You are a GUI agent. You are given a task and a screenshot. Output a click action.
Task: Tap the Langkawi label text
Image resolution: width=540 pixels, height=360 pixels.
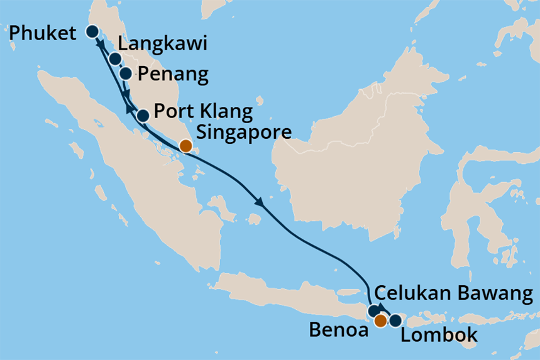click(x=163, y=44)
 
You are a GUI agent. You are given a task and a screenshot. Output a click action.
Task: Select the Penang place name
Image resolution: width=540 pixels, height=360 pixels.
click(x=172, y=75)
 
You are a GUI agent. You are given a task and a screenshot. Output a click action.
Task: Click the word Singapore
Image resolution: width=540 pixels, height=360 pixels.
click(x=244, y=133)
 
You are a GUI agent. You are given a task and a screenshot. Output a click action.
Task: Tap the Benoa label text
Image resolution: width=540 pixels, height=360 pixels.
click(x=338, y=330)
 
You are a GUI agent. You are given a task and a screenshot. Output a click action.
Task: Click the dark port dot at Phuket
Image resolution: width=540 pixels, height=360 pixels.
click(x=92, y=31)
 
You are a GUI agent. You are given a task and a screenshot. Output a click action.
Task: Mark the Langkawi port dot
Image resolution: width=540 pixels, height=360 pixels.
click(x=115, y=59)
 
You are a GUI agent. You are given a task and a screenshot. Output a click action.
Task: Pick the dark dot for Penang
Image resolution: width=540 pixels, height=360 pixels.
click(x=126, y=74)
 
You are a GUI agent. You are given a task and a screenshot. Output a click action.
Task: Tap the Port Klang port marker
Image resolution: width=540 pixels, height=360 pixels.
click(x=143, y=115)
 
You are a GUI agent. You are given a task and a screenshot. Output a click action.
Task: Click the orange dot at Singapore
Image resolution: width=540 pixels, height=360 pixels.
click(x=185, y=146)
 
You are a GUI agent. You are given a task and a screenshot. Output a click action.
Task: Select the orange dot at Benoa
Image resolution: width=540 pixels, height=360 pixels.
click(x=380, y=321)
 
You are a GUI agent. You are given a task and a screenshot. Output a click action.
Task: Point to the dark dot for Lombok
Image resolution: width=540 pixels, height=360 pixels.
click(x=395, y=321)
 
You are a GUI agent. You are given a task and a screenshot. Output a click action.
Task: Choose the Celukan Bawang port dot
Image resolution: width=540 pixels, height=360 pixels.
click(x=374, y=310)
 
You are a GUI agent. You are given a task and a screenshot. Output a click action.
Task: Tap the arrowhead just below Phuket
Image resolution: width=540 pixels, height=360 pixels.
click(x=99, y=45)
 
